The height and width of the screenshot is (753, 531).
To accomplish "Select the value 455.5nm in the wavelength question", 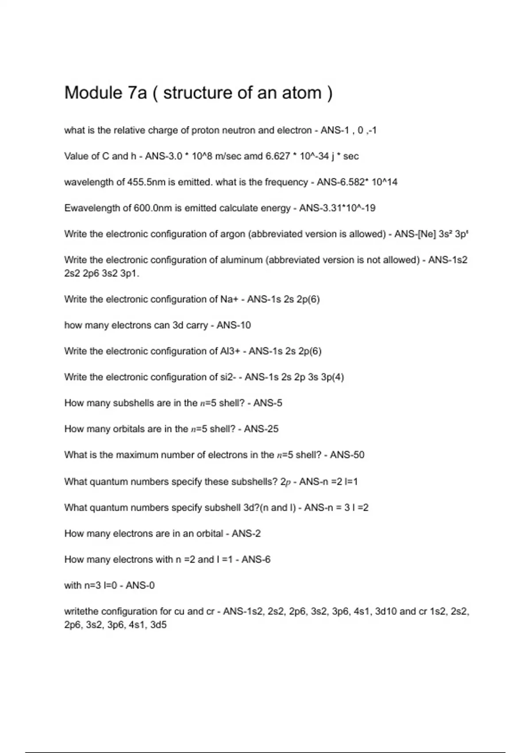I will (x=146, y=182).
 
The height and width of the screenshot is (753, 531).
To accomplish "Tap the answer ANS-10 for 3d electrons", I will (x=234, y=326).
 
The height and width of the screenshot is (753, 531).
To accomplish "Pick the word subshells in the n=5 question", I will (x=134, y=403).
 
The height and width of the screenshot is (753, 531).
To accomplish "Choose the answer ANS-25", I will (x=261, y=429).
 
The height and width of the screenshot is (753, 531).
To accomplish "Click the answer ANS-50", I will (x=347, y=455).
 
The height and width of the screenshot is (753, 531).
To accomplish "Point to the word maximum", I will (x=141, y=455).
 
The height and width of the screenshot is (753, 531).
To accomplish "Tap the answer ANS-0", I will (x=140, y=586).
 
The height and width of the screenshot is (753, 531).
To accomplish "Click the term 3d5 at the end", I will (x=158, y=625).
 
